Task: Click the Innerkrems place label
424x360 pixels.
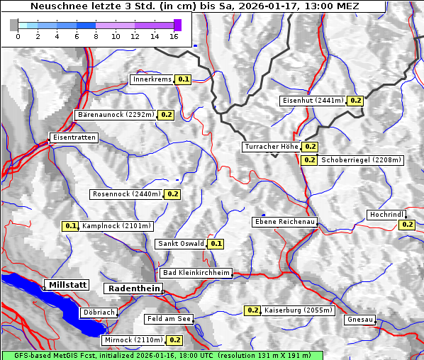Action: click(x=152, y=79)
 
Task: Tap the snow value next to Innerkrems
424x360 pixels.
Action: click(x=184, y=79)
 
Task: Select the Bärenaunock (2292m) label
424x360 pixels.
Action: click(x=115, y=114)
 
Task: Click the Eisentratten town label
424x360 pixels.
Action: click(x=73, y=137)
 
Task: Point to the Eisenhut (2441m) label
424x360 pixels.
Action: click(x=313, y=101)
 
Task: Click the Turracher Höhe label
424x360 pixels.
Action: click(x=271, y=147)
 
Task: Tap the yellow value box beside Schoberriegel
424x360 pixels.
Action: click(x=309, y=160)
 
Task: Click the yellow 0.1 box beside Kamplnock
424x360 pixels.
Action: click(x=70, y=226)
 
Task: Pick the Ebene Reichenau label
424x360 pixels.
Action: click(x=284, y=222)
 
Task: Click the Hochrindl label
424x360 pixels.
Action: click(x=386, y=215)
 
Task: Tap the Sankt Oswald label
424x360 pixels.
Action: click(x=181, y=244)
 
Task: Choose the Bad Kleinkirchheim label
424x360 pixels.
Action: click(x=196, y=273)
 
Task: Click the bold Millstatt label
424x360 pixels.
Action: click(x=67, y=285)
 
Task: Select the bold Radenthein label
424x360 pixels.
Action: click(x=133, y=288)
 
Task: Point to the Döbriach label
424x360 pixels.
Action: click(x=98, y=312)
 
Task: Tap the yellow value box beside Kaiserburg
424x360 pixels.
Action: click(x=252, y=310)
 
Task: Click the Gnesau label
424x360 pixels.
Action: click(x=359, y=320)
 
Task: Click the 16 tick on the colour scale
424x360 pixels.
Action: click(x=174, y=36)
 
